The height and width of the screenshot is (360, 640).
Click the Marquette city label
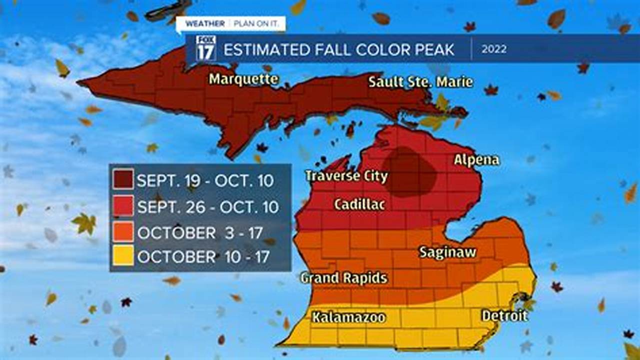pyautogui.click(x=243, y=79)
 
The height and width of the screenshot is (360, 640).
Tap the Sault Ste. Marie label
pyautogui.click(x=420, y=81)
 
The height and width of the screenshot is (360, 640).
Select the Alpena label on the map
pyautogui.click(x=476, y=159)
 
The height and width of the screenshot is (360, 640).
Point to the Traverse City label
pyautogui.click(x=346, y=176)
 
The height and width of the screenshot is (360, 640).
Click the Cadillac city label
pyautogui.click(x=359, y=204)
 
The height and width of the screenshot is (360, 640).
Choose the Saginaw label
pyautogui.click(x=447, y=252)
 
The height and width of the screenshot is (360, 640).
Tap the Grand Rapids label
pyautogui.click(x=344, y=278)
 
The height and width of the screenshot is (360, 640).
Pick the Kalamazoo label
pyautogui.click(x=348, y=317)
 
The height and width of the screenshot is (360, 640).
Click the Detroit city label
pyautogui.click(x=504, y=315)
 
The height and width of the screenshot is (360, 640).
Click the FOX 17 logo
pyautogui.click(x=205, y=48)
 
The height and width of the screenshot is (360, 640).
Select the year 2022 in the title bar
pyautogui.click(x=494, y=49)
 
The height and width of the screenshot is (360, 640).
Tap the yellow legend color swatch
pyautogui.click(x=123, y=256)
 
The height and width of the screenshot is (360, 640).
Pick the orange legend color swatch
pyautogui.click(x=123, y=231)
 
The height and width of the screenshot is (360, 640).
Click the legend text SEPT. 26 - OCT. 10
pyautogui.click(x=207, y=206)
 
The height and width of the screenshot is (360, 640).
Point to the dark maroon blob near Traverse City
pyautogui.click(x=409, y=171)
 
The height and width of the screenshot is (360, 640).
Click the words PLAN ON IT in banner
pyautogui.click(x=257, y=23)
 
